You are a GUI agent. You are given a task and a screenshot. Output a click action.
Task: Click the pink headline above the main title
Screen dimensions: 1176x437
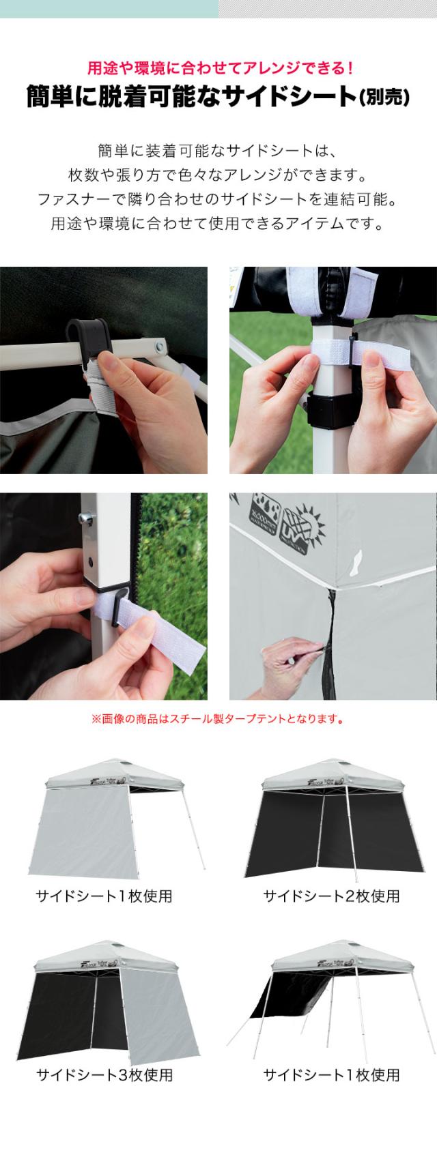click(218, 68)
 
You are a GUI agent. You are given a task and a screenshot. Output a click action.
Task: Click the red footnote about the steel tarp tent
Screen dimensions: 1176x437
click(217, 718)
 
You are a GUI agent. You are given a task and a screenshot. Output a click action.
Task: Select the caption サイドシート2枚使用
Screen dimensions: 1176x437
click(331, 896)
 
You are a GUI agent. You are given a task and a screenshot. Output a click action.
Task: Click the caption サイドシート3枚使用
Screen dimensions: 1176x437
click(104, 1076)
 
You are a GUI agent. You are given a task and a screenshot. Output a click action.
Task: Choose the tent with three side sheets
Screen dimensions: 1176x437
click(102, 1003)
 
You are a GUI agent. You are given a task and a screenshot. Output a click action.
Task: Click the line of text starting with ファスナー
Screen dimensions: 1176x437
click(218, 199)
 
